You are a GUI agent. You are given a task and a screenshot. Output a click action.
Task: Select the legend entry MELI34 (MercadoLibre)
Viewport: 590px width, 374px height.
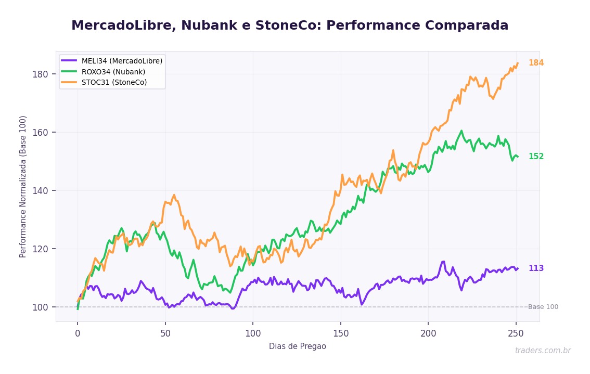(122, 61)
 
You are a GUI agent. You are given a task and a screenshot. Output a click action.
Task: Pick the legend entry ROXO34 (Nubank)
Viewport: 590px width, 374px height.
(113, 72)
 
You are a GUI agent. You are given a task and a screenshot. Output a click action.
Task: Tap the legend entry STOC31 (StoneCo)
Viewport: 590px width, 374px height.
(114, 82)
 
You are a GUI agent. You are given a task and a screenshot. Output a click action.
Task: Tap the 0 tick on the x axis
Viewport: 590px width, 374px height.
(78, 332)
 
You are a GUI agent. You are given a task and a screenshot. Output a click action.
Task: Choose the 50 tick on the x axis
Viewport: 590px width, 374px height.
(165, 332)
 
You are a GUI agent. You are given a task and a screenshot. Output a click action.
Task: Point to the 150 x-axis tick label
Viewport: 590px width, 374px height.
(340, 332)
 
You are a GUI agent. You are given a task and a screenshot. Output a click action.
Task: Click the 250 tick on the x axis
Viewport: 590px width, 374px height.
(516, 332)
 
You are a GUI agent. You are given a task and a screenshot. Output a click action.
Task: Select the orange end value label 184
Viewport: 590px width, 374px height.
(536, 63)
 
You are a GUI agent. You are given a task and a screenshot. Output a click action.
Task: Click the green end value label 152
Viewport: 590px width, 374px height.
(536, 157)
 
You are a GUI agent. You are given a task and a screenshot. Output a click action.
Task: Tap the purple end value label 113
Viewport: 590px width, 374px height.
(536, 268)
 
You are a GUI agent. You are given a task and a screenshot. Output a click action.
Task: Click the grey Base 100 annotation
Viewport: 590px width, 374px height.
(543, 307)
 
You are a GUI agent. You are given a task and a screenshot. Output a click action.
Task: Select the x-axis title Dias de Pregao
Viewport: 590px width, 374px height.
(297, 346)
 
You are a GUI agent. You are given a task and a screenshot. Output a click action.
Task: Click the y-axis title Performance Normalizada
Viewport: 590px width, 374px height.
(23, 186)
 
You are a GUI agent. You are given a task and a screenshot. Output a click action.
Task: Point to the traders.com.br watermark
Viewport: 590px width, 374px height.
(542, 351)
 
